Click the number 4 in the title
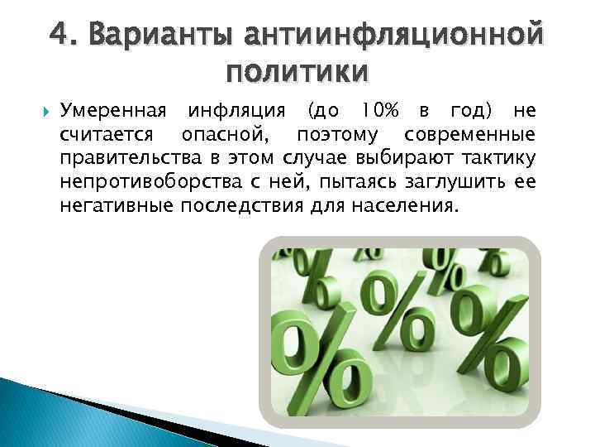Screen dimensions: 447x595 point(59,35)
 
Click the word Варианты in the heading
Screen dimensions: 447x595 point(155,35)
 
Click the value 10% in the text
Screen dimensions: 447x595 point(379,111)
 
